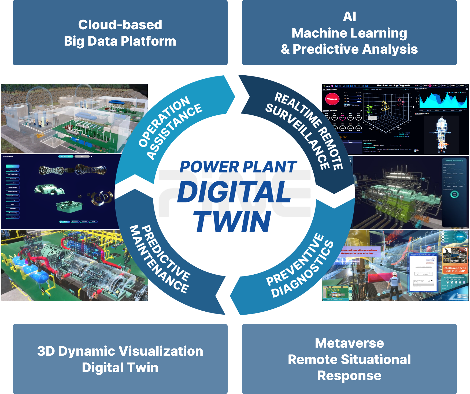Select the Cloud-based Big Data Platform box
[x=120, y=33]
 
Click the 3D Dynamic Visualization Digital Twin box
[x=120, y=359]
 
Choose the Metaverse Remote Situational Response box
[x=349, y=359]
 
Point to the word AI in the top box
[x=349, y=17]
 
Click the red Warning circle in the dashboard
[x=332, y=99]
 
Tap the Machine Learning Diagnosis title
[x=393, y=86]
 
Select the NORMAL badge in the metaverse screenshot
[x=460, y=237]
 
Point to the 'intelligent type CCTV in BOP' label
[x=455, y=270]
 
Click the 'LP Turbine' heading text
[x=8, y=157]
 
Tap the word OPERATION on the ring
[x=164, y=121]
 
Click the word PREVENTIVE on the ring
[x=295, y=259]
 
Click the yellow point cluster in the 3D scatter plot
[x=385, y=106]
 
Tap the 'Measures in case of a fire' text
[x=357, y=253]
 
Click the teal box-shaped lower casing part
[x=69, y=207]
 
